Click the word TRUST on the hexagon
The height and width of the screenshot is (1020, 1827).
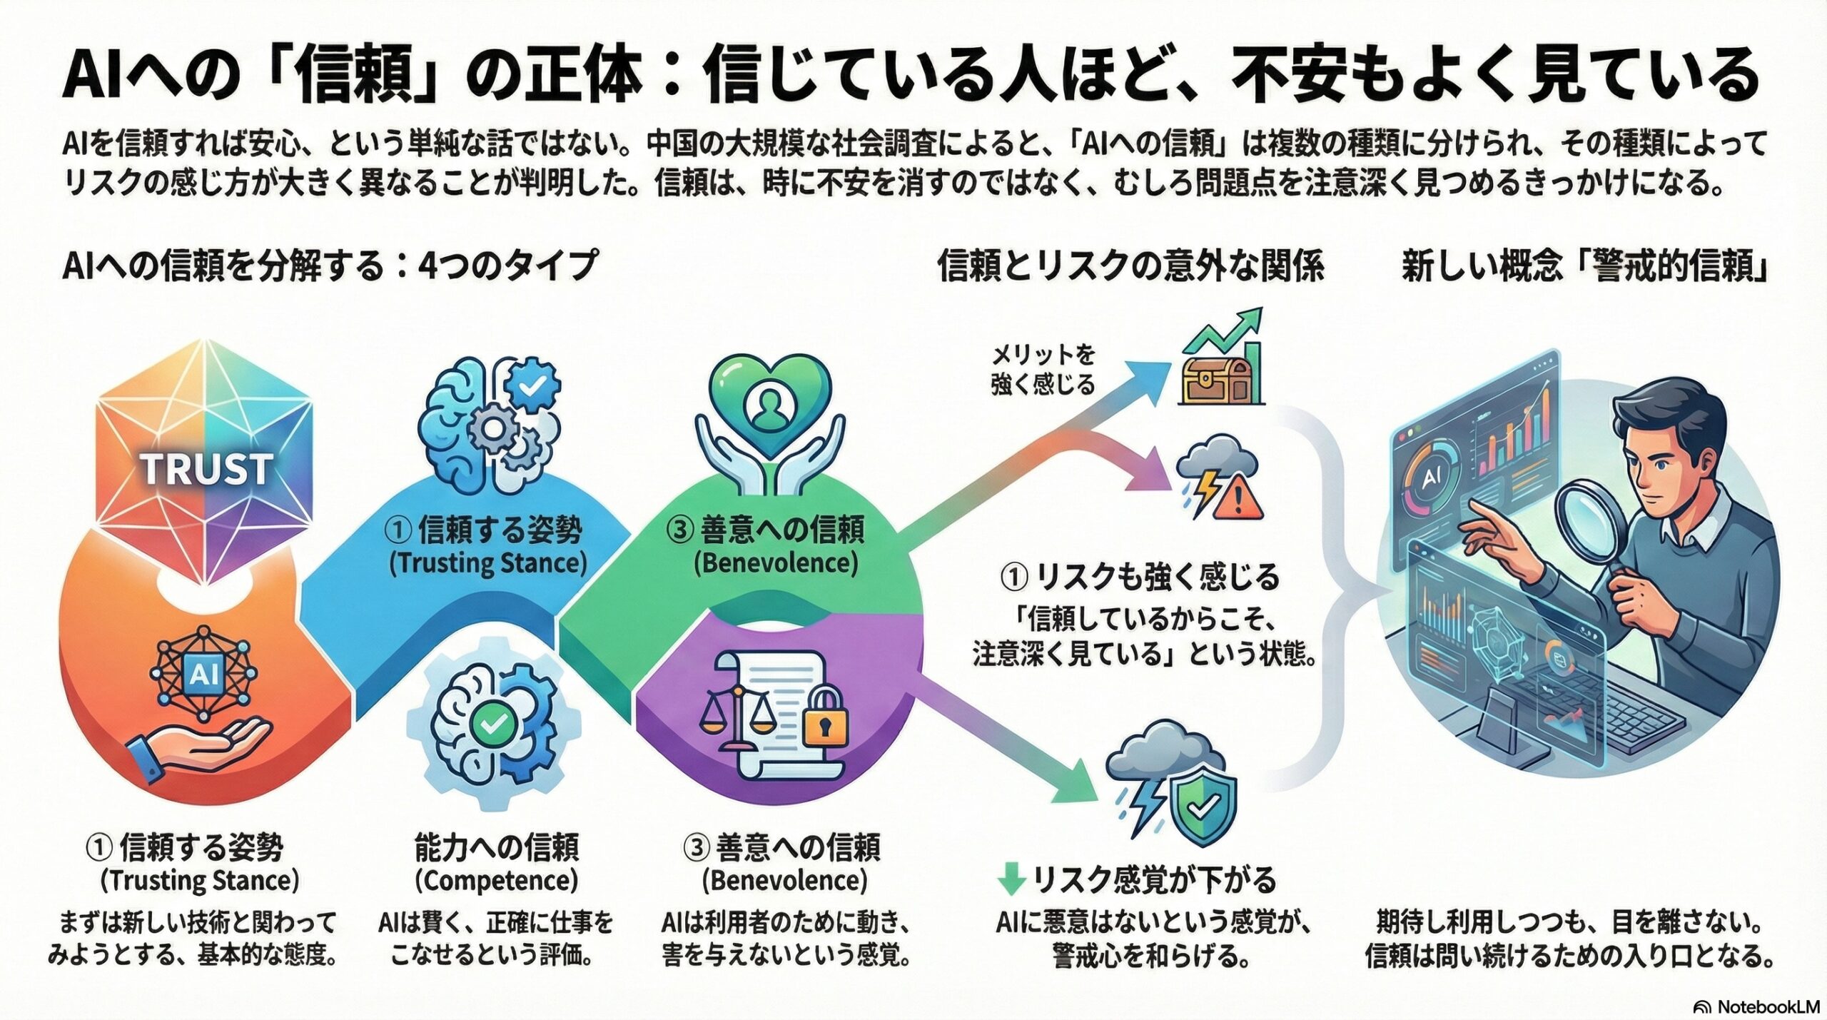206,468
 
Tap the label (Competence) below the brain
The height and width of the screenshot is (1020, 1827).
496,880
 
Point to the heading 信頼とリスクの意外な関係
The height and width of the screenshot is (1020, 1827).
1130,267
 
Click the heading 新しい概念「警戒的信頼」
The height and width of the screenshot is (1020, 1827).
1584,267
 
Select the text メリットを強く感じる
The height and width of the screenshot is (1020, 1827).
1043,370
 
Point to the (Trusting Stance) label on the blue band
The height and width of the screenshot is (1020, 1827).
487,564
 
